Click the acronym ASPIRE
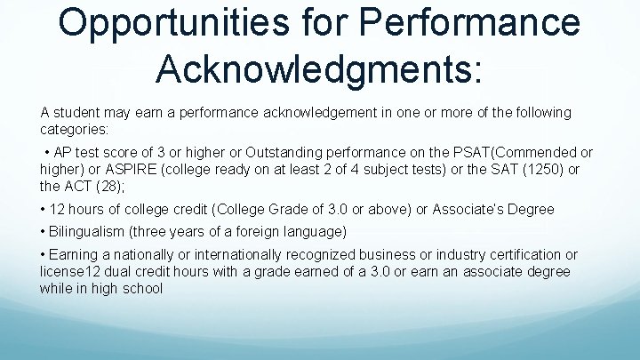point(120,170)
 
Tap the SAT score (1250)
point(545,170)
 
